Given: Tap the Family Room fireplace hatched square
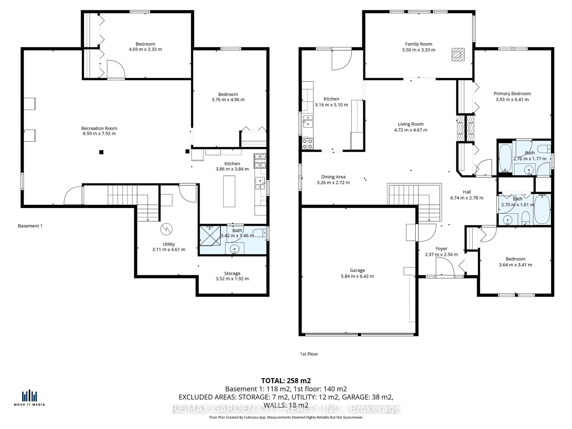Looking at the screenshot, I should coord(458,55).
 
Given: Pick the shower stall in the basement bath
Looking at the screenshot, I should coord(210,236).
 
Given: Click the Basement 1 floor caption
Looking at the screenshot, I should coord(30,226).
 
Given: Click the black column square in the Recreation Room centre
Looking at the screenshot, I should coord(101,152).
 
